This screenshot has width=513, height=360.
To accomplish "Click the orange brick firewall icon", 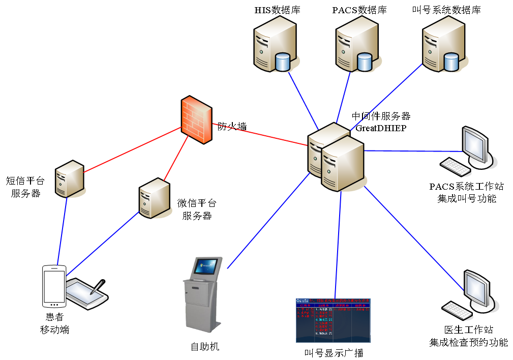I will coord(196,119).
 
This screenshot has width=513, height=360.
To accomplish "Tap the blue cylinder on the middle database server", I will coord(364,62).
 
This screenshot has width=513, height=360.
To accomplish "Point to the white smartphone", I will coord(54,286).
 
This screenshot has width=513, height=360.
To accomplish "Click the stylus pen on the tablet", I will coord(97,288).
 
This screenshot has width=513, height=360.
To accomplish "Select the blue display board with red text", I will coord(333,320).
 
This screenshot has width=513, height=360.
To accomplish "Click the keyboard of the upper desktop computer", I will coord(456,167).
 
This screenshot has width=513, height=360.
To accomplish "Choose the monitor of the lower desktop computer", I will coord(476,288).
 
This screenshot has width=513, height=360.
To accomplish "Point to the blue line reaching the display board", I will coord(338,244).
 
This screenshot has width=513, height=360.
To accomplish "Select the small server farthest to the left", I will coord(70,178).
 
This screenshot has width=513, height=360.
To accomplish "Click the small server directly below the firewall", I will coord(155,198).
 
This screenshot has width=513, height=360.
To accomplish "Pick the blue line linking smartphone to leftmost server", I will coord(62,231).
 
